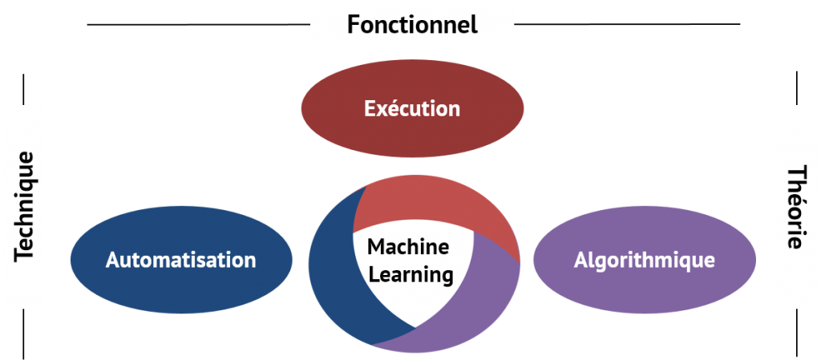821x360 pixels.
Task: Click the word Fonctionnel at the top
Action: pos(412,24)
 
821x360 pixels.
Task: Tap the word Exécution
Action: pos(412,108)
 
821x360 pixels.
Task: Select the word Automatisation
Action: pos(180,260)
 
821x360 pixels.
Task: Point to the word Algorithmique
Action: pos(644,260)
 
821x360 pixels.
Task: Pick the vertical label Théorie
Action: pos(796,207)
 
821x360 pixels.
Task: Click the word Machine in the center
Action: pos(408,247)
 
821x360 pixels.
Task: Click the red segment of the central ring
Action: pos(449,204)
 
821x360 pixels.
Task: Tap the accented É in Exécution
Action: pos(370,108)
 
